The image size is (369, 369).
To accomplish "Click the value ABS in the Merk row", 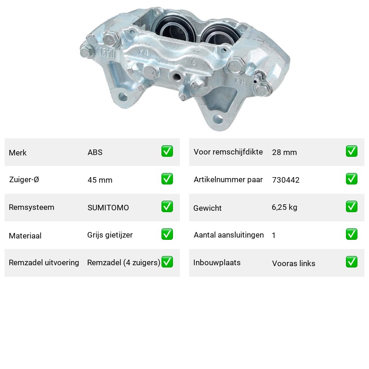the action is pyautogui.click(x=95, y=152).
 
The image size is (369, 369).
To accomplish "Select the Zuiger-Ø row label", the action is pyautogui.click(x=24, y=179).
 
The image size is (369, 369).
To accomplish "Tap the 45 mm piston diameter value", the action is pyautogui.click(x=100, y=180).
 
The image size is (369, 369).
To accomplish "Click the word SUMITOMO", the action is pyautogui.click(x=108, y=208).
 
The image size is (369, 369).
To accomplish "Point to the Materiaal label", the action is pyautogui.click(x=25, y=236).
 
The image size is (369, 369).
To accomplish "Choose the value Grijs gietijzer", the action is pyautogui.click(x=110, y=235).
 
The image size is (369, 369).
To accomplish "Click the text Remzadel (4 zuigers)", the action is pyautogui.click(x=124, y=262).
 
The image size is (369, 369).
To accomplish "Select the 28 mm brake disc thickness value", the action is pyautogui.click(x=284, y=152).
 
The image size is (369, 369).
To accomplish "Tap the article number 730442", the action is pyautogui.click(x=286, y=180).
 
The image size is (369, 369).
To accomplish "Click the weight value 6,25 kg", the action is pyautogui.click(x=284, y=207).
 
